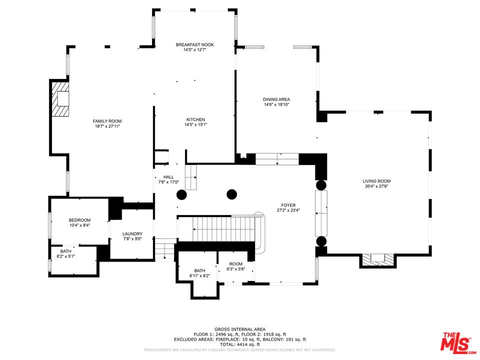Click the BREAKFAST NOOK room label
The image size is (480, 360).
pos(194,44)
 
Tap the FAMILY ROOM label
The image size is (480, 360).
pos(107,121)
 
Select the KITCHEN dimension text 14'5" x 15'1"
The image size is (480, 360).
pos(195,124)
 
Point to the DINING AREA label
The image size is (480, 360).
pos(276,99)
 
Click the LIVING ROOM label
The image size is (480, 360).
pos(376,181)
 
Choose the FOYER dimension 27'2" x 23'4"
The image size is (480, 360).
pos(288,210)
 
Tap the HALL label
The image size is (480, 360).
pos(168,177)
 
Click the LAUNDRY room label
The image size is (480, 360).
pos(132,234)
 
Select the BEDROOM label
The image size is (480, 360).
pos(79,220)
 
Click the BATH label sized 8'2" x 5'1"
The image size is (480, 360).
pos(66,251)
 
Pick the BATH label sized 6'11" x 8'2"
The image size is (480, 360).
pos(199,270)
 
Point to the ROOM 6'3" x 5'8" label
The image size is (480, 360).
pos(235,264)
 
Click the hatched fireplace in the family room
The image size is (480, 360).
pos(60,99)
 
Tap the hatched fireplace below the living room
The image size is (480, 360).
pos(378,260)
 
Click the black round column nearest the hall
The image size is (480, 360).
pos(181,194)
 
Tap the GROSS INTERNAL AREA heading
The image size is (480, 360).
pos(240,329)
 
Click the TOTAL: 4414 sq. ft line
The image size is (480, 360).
pos(240,344)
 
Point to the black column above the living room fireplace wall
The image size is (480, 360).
pos(321,241)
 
